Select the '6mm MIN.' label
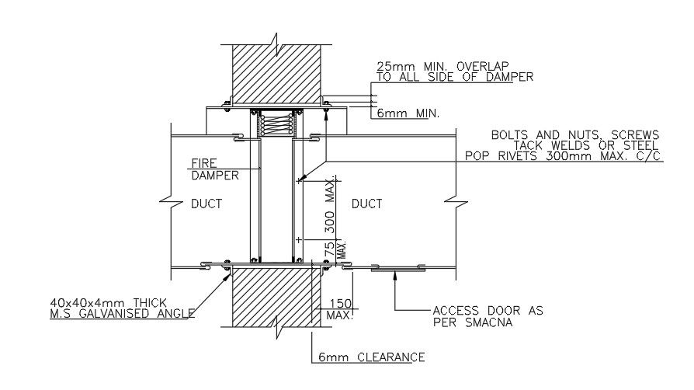(x=408, y=113)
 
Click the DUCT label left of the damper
(x=206, y=204)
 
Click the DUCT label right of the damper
(x=366, y=204)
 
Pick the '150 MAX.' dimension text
(x=341, y=310)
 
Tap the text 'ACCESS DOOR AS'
(x=488, y=311)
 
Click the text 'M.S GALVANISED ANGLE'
(x=120, y=314)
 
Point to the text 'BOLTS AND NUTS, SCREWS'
(x=574, y=134)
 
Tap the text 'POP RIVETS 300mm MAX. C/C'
(x=563, y=155)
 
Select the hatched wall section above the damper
(x=278, y=74)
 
